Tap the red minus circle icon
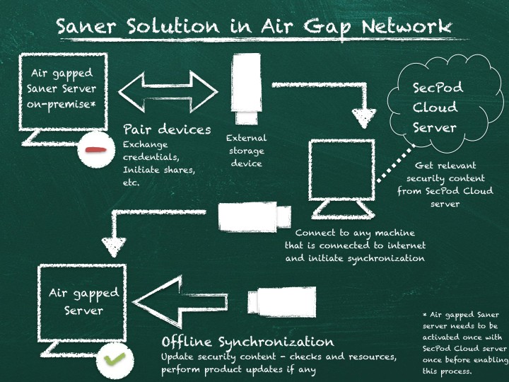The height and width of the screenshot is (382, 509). click(94, 149)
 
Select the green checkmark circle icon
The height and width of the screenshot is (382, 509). click(113, 359)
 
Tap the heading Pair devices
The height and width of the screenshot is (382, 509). click(167, 129)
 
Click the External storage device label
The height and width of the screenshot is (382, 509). click(246, 151)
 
